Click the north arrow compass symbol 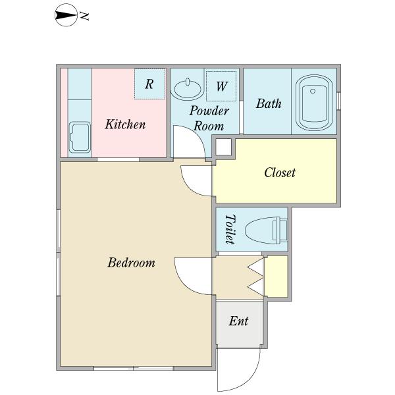pos(66,15)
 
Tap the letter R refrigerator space pos(149,84)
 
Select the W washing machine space pos(221,86)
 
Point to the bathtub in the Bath pos(314,102)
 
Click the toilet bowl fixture pos(266,230)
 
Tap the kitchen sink pos(80,138)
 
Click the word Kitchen pos(125,124)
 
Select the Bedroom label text pos(131,263)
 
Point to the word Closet pos(280,172)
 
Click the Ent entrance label pos(238,321)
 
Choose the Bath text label pos(269,103)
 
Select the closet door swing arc pos(188,187)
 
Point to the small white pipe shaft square pos(223,147)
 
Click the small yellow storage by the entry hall pos(276,276)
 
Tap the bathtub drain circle pos(313,91)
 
